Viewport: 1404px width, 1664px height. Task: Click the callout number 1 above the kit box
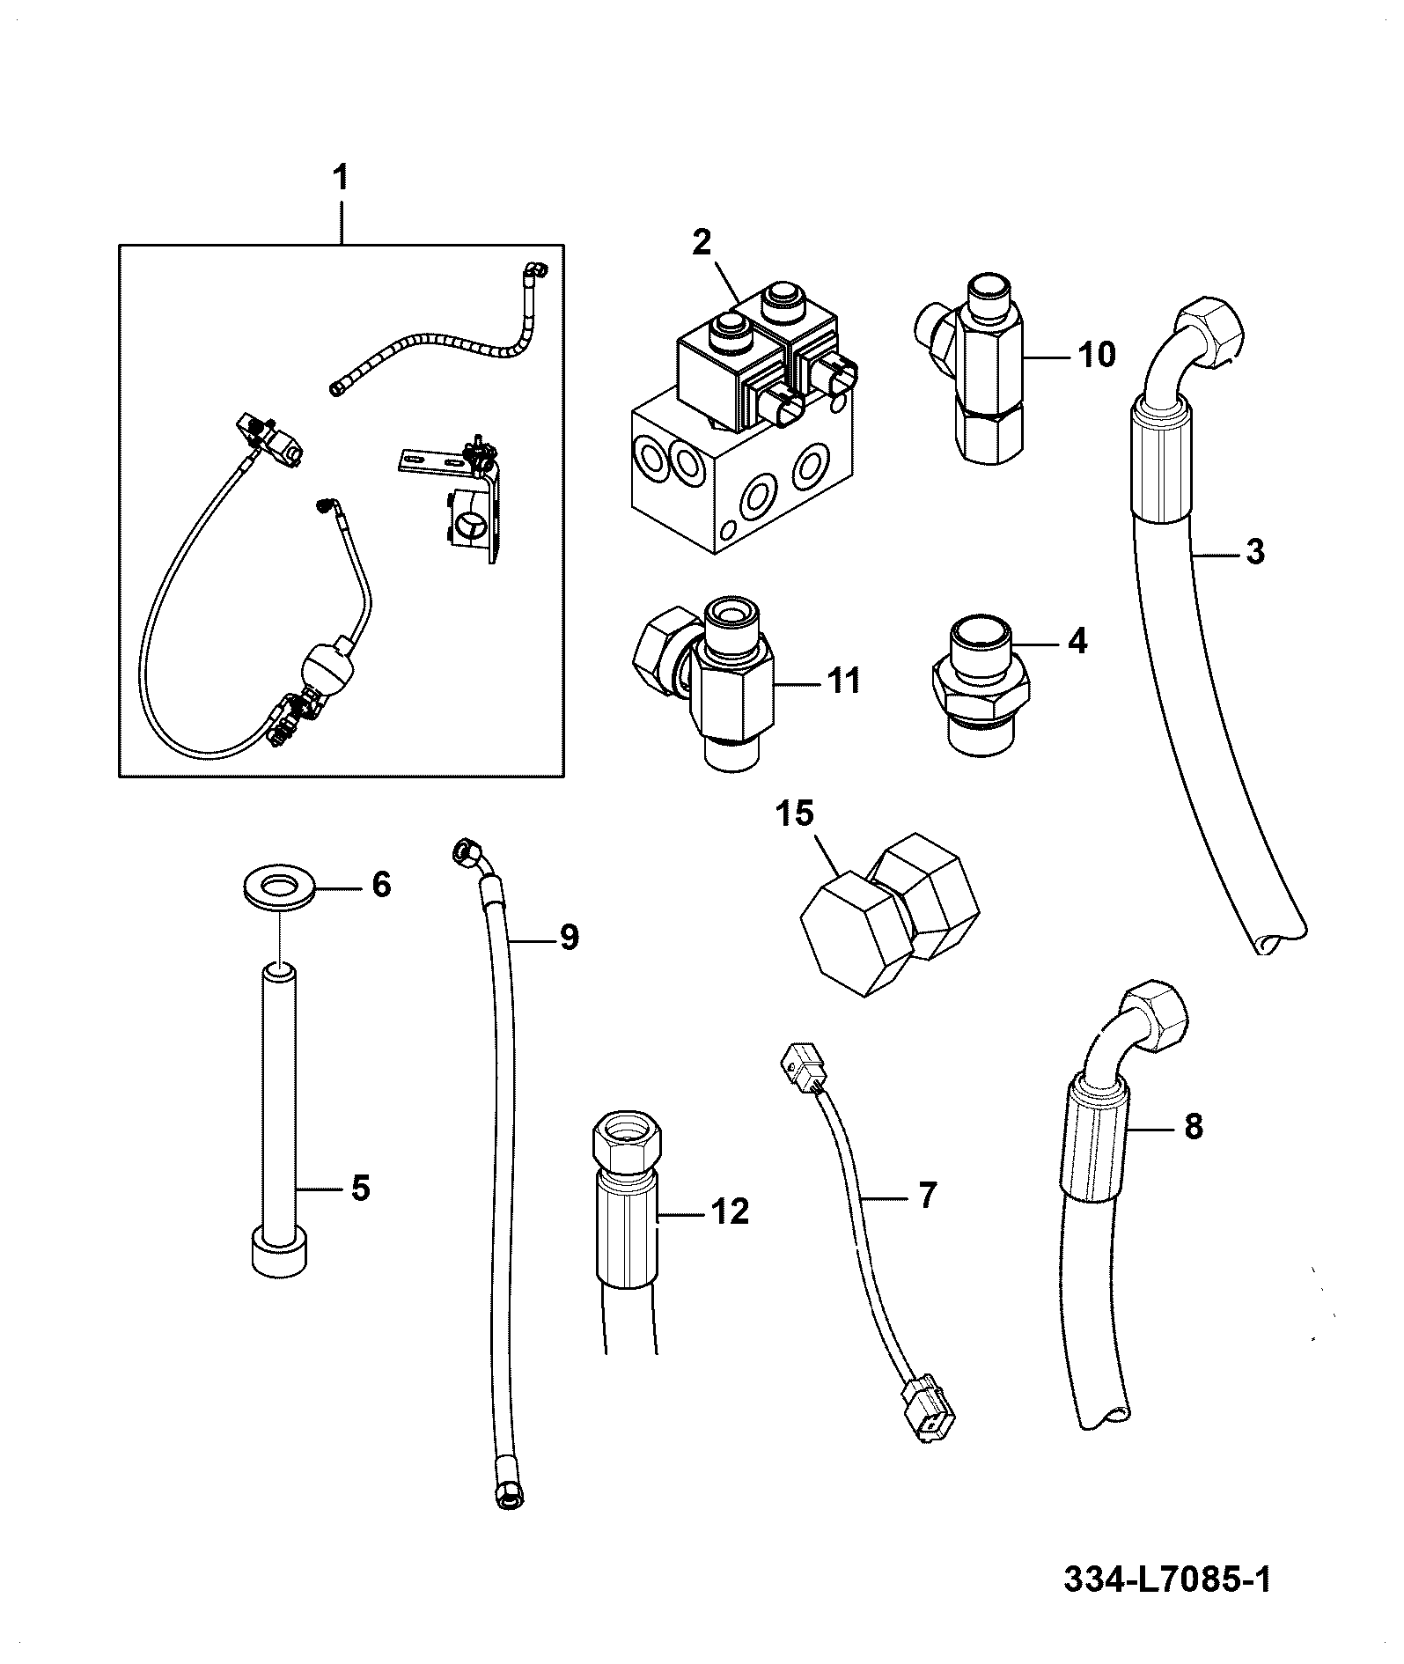pyautogui.click(x=340, y=180)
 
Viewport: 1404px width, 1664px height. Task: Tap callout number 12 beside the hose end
pyautogui.click(x=730, y=1211)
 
